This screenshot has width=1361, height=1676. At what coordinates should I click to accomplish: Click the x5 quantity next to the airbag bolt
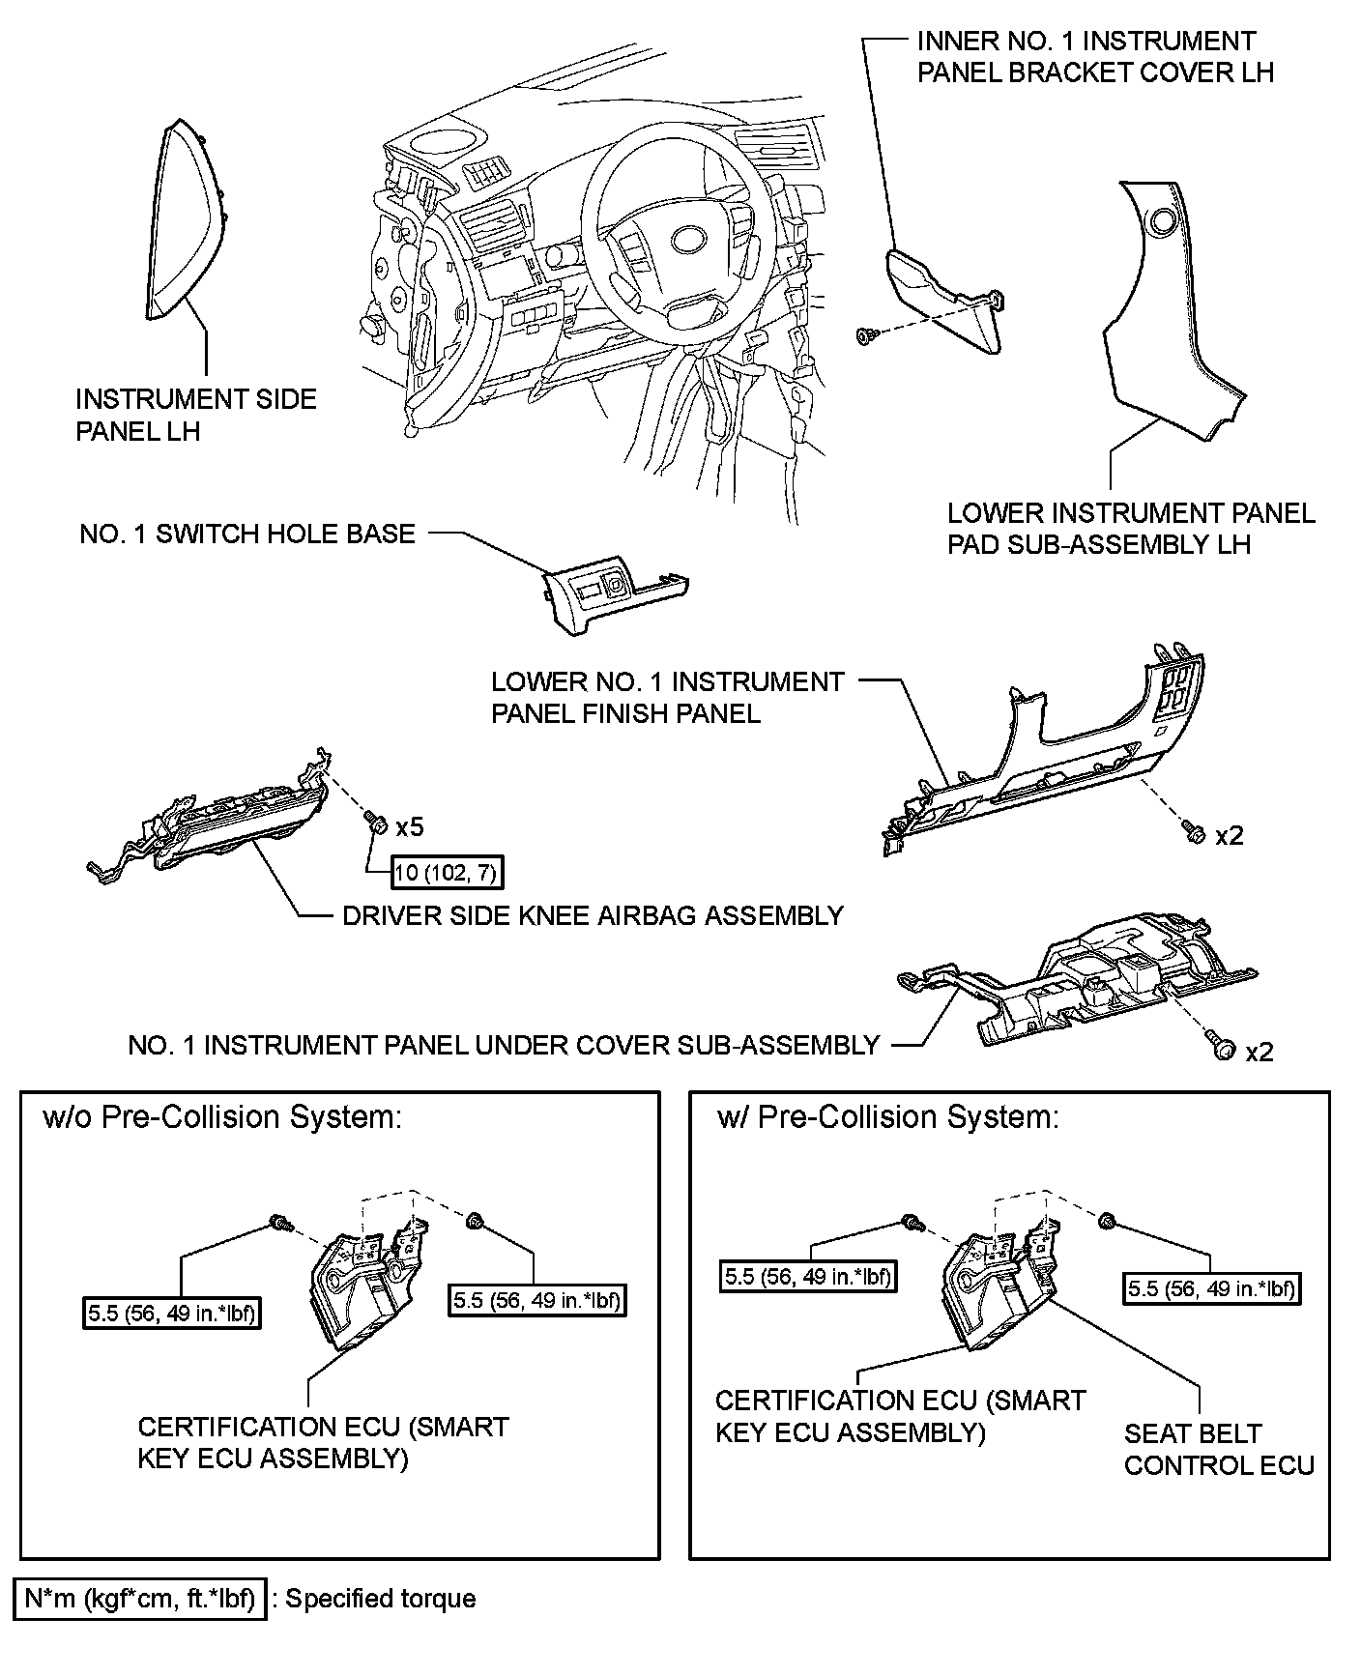pyautogui.click(x=409, y=827)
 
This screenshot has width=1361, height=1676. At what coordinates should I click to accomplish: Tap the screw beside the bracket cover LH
pyautogui.click(x=867, y=335)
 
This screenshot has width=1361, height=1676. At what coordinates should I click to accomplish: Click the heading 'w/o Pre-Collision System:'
pyautogui.click(x=222, y=1117)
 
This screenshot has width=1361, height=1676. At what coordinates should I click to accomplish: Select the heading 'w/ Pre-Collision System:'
pyautogui.click(x=888, y=1117)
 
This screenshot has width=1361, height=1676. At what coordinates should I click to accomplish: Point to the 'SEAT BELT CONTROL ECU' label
pyautogui.click(x=1218, y=1449)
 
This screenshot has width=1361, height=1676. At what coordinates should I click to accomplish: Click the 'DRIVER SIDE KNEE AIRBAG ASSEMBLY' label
pyautogui.click(x=593, y=915)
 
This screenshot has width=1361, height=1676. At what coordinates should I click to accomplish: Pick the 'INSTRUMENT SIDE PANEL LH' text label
pyautogui.click(x=195, y=414)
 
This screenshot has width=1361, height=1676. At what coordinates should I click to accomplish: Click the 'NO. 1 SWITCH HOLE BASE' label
pyautogui.click(x=247, y=535)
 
